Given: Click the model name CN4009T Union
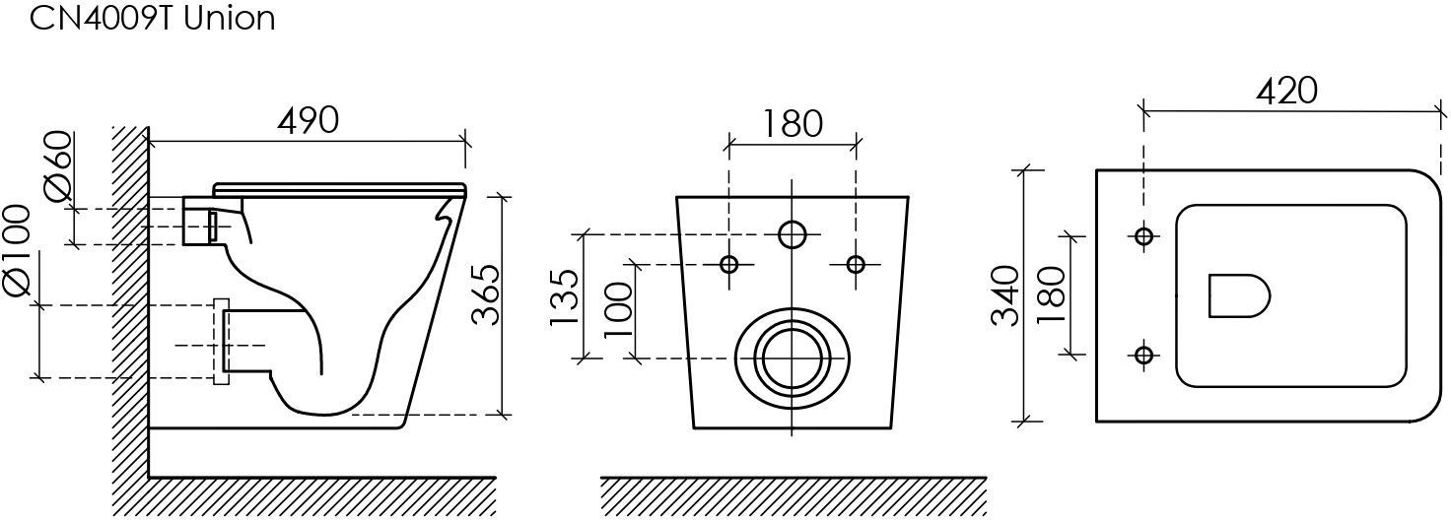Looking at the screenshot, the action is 153,18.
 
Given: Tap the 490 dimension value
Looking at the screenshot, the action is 309,120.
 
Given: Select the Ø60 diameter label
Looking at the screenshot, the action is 57,167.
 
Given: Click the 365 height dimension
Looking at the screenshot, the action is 485,294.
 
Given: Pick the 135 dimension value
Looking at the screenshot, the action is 564,297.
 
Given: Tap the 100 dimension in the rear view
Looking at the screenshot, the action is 618,309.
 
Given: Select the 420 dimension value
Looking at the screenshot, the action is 1286,92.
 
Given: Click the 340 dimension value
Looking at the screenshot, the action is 1006,295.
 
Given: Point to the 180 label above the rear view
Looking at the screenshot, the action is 793,124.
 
